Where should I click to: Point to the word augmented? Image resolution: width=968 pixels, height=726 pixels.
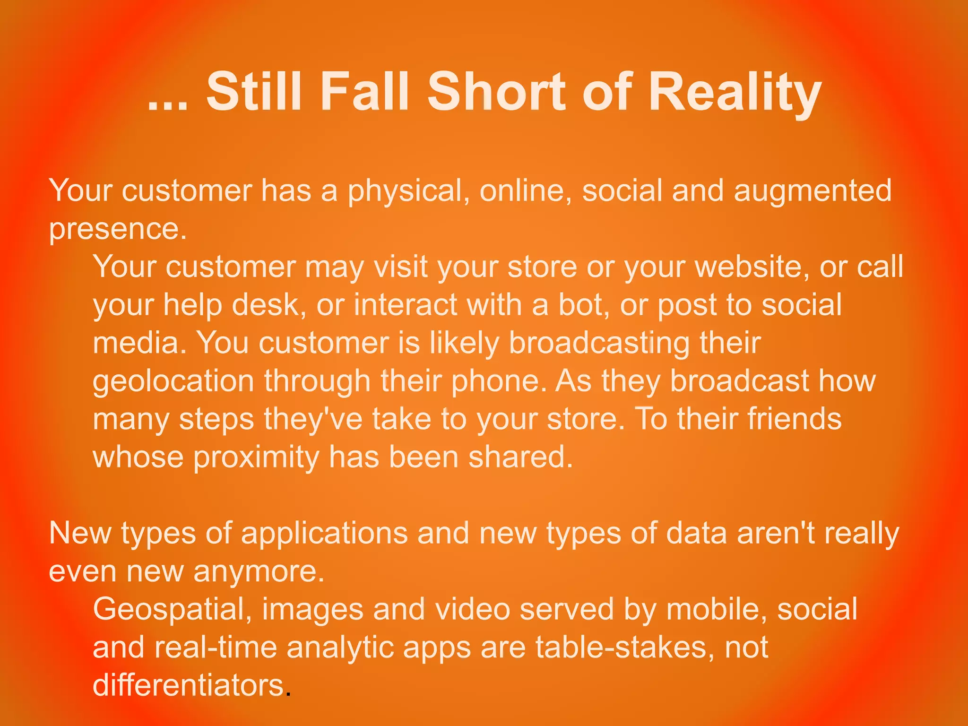[812, 191]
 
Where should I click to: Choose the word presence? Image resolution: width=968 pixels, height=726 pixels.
[118, 230]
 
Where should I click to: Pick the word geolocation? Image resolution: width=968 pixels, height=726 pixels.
[173, 382]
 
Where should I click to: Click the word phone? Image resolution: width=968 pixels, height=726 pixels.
[499, 382]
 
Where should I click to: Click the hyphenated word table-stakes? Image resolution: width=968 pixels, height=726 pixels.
[625, 648]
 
